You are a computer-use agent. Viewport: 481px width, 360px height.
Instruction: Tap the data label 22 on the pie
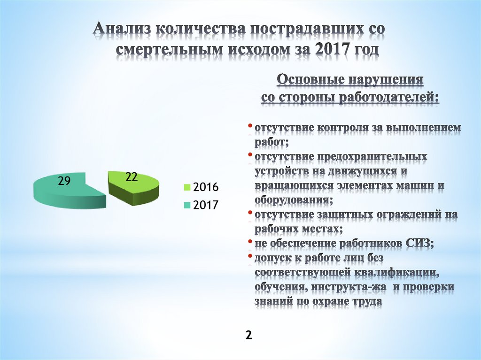click(131, 177)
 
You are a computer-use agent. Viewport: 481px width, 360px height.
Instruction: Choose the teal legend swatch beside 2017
click(186, 205)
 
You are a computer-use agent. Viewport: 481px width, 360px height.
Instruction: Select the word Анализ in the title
click(122, 29)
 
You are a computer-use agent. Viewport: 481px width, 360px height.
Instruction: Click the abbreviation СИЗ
click(418, 244)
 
